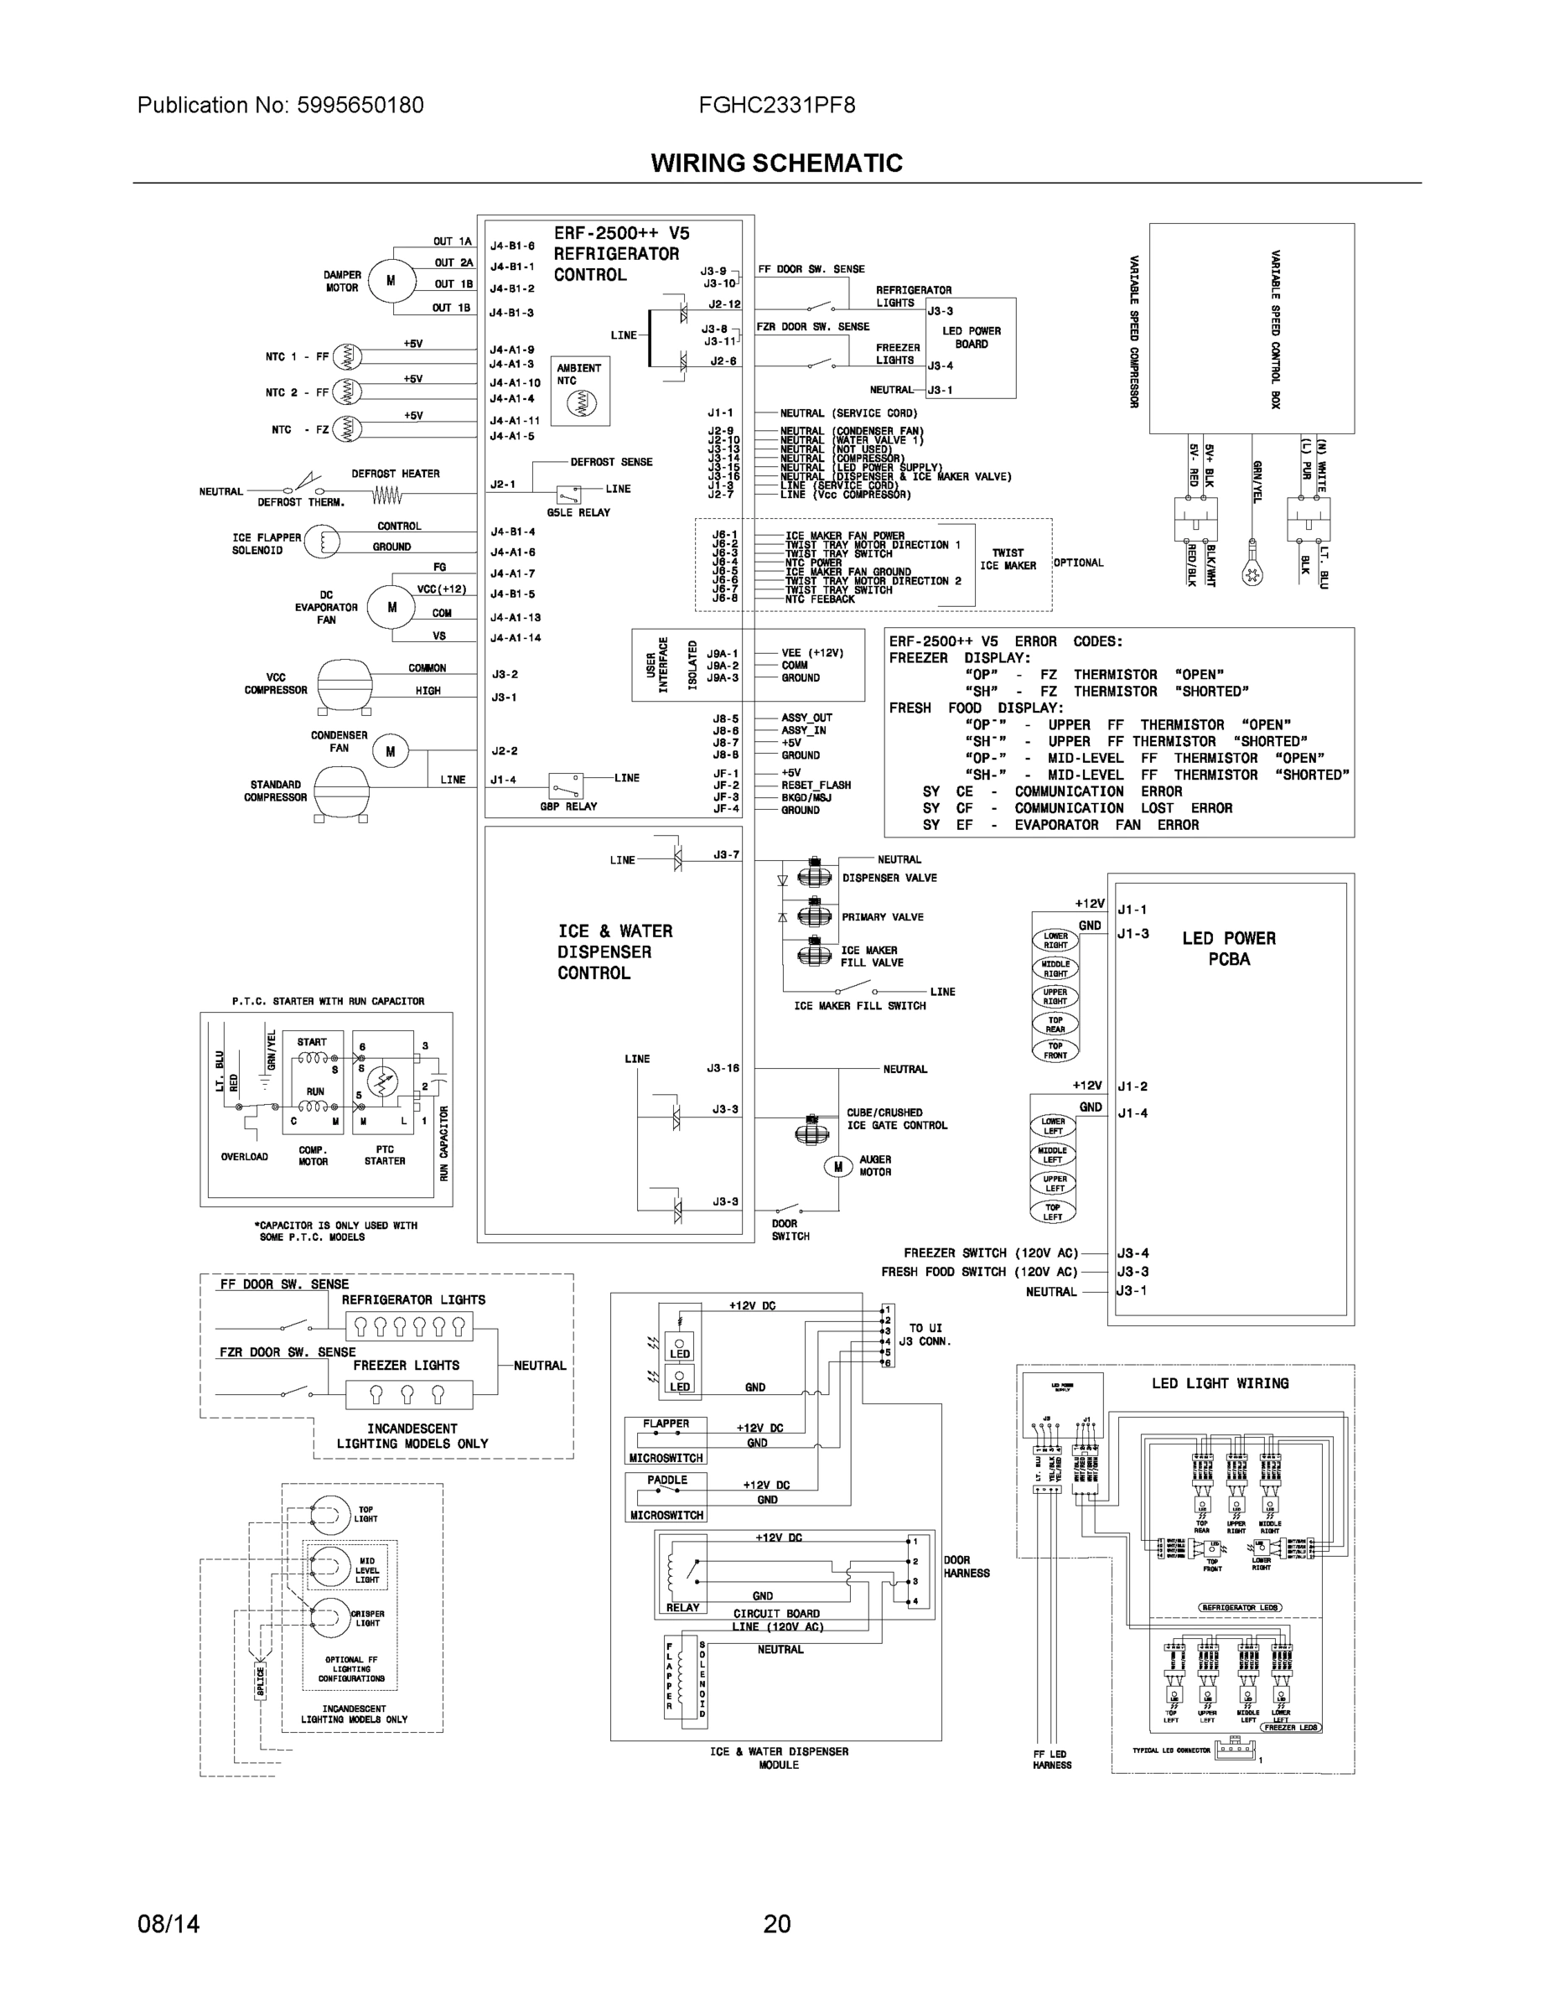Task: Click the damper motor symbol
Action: coord(390,281)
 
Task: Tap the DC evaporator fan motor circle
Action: coord(391,607)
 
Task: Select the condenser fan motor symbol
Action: coord(390,752)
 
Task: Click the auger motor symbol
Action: coord(838,1166)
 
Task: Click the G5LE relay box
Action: coord(568,493)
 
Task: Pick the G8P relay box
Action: coord(566,786)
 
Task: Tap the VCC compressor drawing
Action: coord(343,683)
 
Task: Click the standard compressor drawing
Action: coord(341,790)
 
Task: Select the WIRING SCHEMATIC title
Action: coord(776,163)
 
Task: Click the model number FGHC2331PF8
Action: coord(776,105)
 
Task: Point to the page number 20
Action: coord(776,1924)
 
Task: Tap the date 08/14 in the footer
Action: coord(168,1924)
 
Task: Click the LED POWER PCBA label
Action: coord(1229,949)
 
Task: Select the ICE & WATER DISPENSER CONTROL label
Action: coord(614,952)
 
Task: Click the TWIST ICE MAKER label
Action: coord(1008,559)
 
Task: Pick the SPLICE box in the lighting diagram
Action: coord(261,1681)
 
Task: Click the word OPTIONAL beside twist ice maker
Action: coord(1078,563)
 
